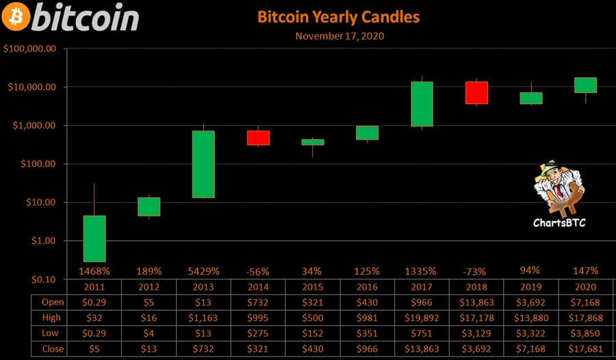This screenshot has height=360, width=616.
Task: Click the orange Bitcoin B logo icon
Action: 16,16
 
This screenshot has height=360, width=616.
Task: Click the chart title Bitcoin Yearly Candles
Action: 338,16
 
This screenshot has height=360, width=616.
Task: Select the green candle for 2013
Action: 203,164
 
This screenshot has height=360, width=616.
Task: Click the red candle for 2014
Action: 258,138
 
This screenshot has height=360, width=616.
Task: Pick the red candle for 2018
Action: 476,92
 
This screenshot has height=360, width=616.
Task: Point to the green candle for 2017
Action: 422,104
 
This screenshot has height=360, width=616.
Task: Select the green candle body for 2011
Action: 94,238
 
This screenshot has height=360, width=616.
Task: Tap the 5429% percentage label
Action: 203,271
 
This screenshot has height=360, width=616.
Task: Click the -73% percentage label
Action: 476,271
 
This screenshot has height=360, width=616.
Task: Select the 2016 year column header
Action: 367,287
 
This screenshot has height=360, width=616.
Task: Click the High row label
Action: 52,318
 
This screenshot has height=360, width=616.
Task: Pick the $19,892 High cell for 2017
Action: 422,318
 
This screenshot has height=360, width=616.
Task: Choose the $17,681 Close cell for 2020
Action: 585,348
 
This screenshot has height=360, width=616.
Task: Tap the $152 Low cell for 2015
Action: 313,333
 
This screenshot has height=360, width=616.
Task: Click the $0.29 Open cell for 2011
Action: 94,302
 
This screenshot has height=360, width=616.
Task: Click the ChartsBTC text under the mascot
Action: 559,222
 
